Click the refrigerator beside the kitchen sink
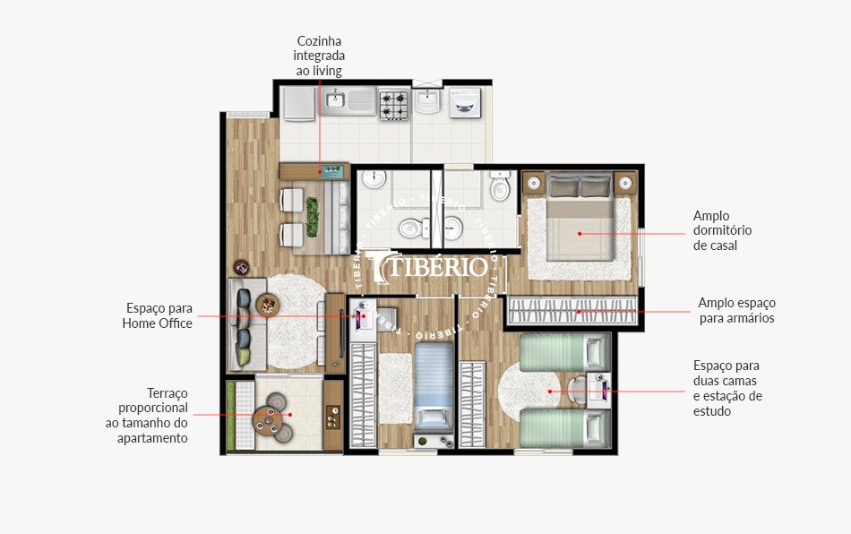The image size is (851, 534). (x=297, y=103)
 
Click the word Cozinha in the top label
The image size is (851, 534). (x=320, y=41)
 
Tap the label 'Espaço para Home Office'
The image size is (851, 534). (x=158, y=315)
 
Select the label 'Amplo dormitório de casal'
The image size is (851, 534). (x=722, y=230)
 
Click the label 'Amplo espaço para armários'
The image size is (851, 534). (x=736, y=310)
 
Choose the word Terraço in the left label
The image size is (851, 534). (x=168, y=392)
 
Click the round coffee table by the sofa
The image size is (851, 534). (x=268, y=305)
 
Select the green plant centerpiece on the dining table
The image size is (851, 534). (x=313, y=216)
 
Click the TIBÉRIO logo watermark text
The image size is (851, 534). (x=436, y=266)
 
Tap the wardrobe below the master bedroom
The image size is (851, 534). (x=572, y=312)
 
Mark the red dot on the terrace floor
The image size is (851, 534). (x=289, y=415)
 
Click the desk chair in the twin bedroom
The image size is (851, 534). (x=574, y=387)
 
